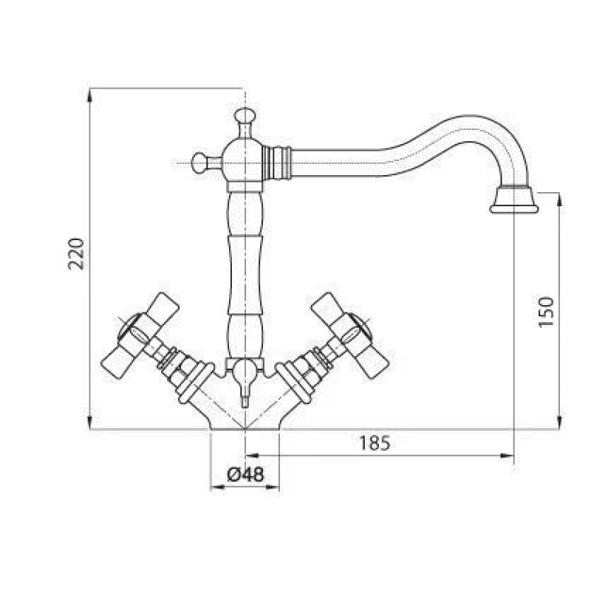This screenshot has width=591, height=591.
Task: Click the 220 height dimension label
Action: (x=76, y=253)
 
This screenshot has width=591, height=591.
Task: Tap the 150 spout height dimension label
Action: (x=546, y=312)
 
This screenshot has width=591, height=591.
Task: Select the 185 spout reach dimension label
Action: (x=375, y=443)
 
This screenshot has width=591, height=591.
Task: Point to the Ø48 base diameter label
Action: (x=245, y=474)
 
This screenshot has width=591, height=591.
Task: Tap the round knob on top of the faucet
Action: (x=245, y=115)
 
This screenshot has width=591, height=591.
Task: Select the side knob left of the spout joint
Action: (x=199, y=163)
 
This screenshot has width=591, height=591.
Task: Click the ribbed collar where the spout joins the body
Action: (x=278, y=163)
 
